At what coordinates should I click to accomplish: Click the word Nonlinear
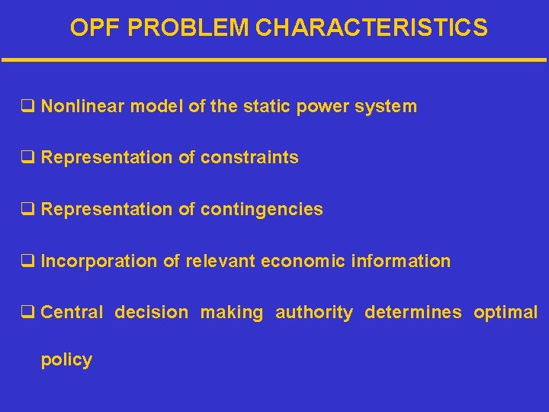[x=82, y=106]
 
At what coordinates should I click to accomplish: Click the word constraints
[x=249, y=158]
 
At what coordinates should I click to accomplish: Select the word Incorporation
[x=99, y=261]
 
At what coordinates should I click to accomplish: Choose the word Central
[x=72, y=312]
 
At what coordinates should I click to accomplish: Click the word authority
[x=314, y=313]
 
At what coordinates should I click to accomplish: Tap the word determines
[x=413, y=312]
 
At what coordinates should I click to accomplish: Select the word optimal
[x=506, y=313]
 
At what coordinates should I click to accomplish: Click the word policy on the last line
[x=66, y=360]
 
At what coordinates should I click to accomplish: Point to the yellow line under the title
[x=274, y=60]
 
